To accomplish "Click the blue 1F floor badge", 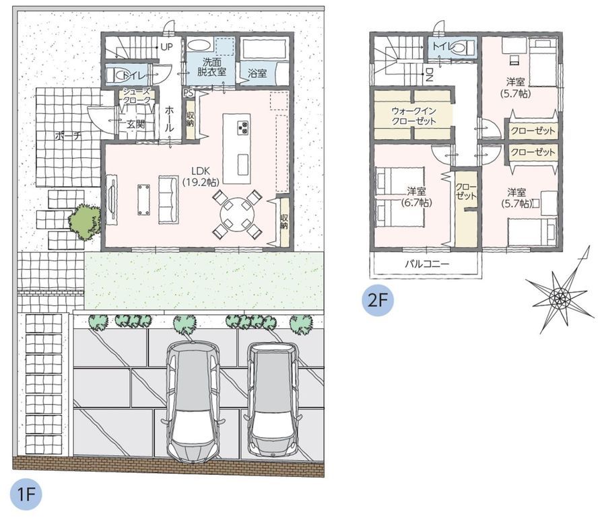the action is pos(26,494).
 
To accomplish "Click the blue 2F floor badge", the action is pos(378,300).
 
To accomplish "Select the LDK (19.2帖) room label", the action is pos(200,176).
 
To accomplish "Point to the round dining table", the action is pos(237,214).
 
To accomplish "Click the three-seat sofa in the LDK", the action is pos(168,199).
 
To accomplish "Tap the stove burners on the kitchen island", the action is pos(243,128).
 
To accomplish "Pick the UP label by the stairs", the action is pos(166,48).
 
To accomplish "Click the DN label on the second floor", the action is pos(429,75).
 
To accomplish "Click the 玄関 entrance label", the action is pos(136,124).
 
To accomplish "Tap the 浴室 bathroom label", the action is pos(257,73).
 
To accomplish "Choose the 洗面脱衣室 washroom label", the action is pos(211,67).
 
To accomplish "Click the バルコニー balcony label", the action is pos(427,264).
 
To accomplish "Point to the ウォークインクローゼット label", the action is pos(414,116).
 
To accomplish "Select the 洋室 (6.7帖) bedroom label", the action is pos(416,197).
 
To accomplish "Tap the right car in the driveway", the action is pos(273,400).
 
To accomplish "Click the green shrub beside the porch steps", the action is pos(85,221).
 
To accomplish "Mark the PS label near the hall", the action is pos(189,94).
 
